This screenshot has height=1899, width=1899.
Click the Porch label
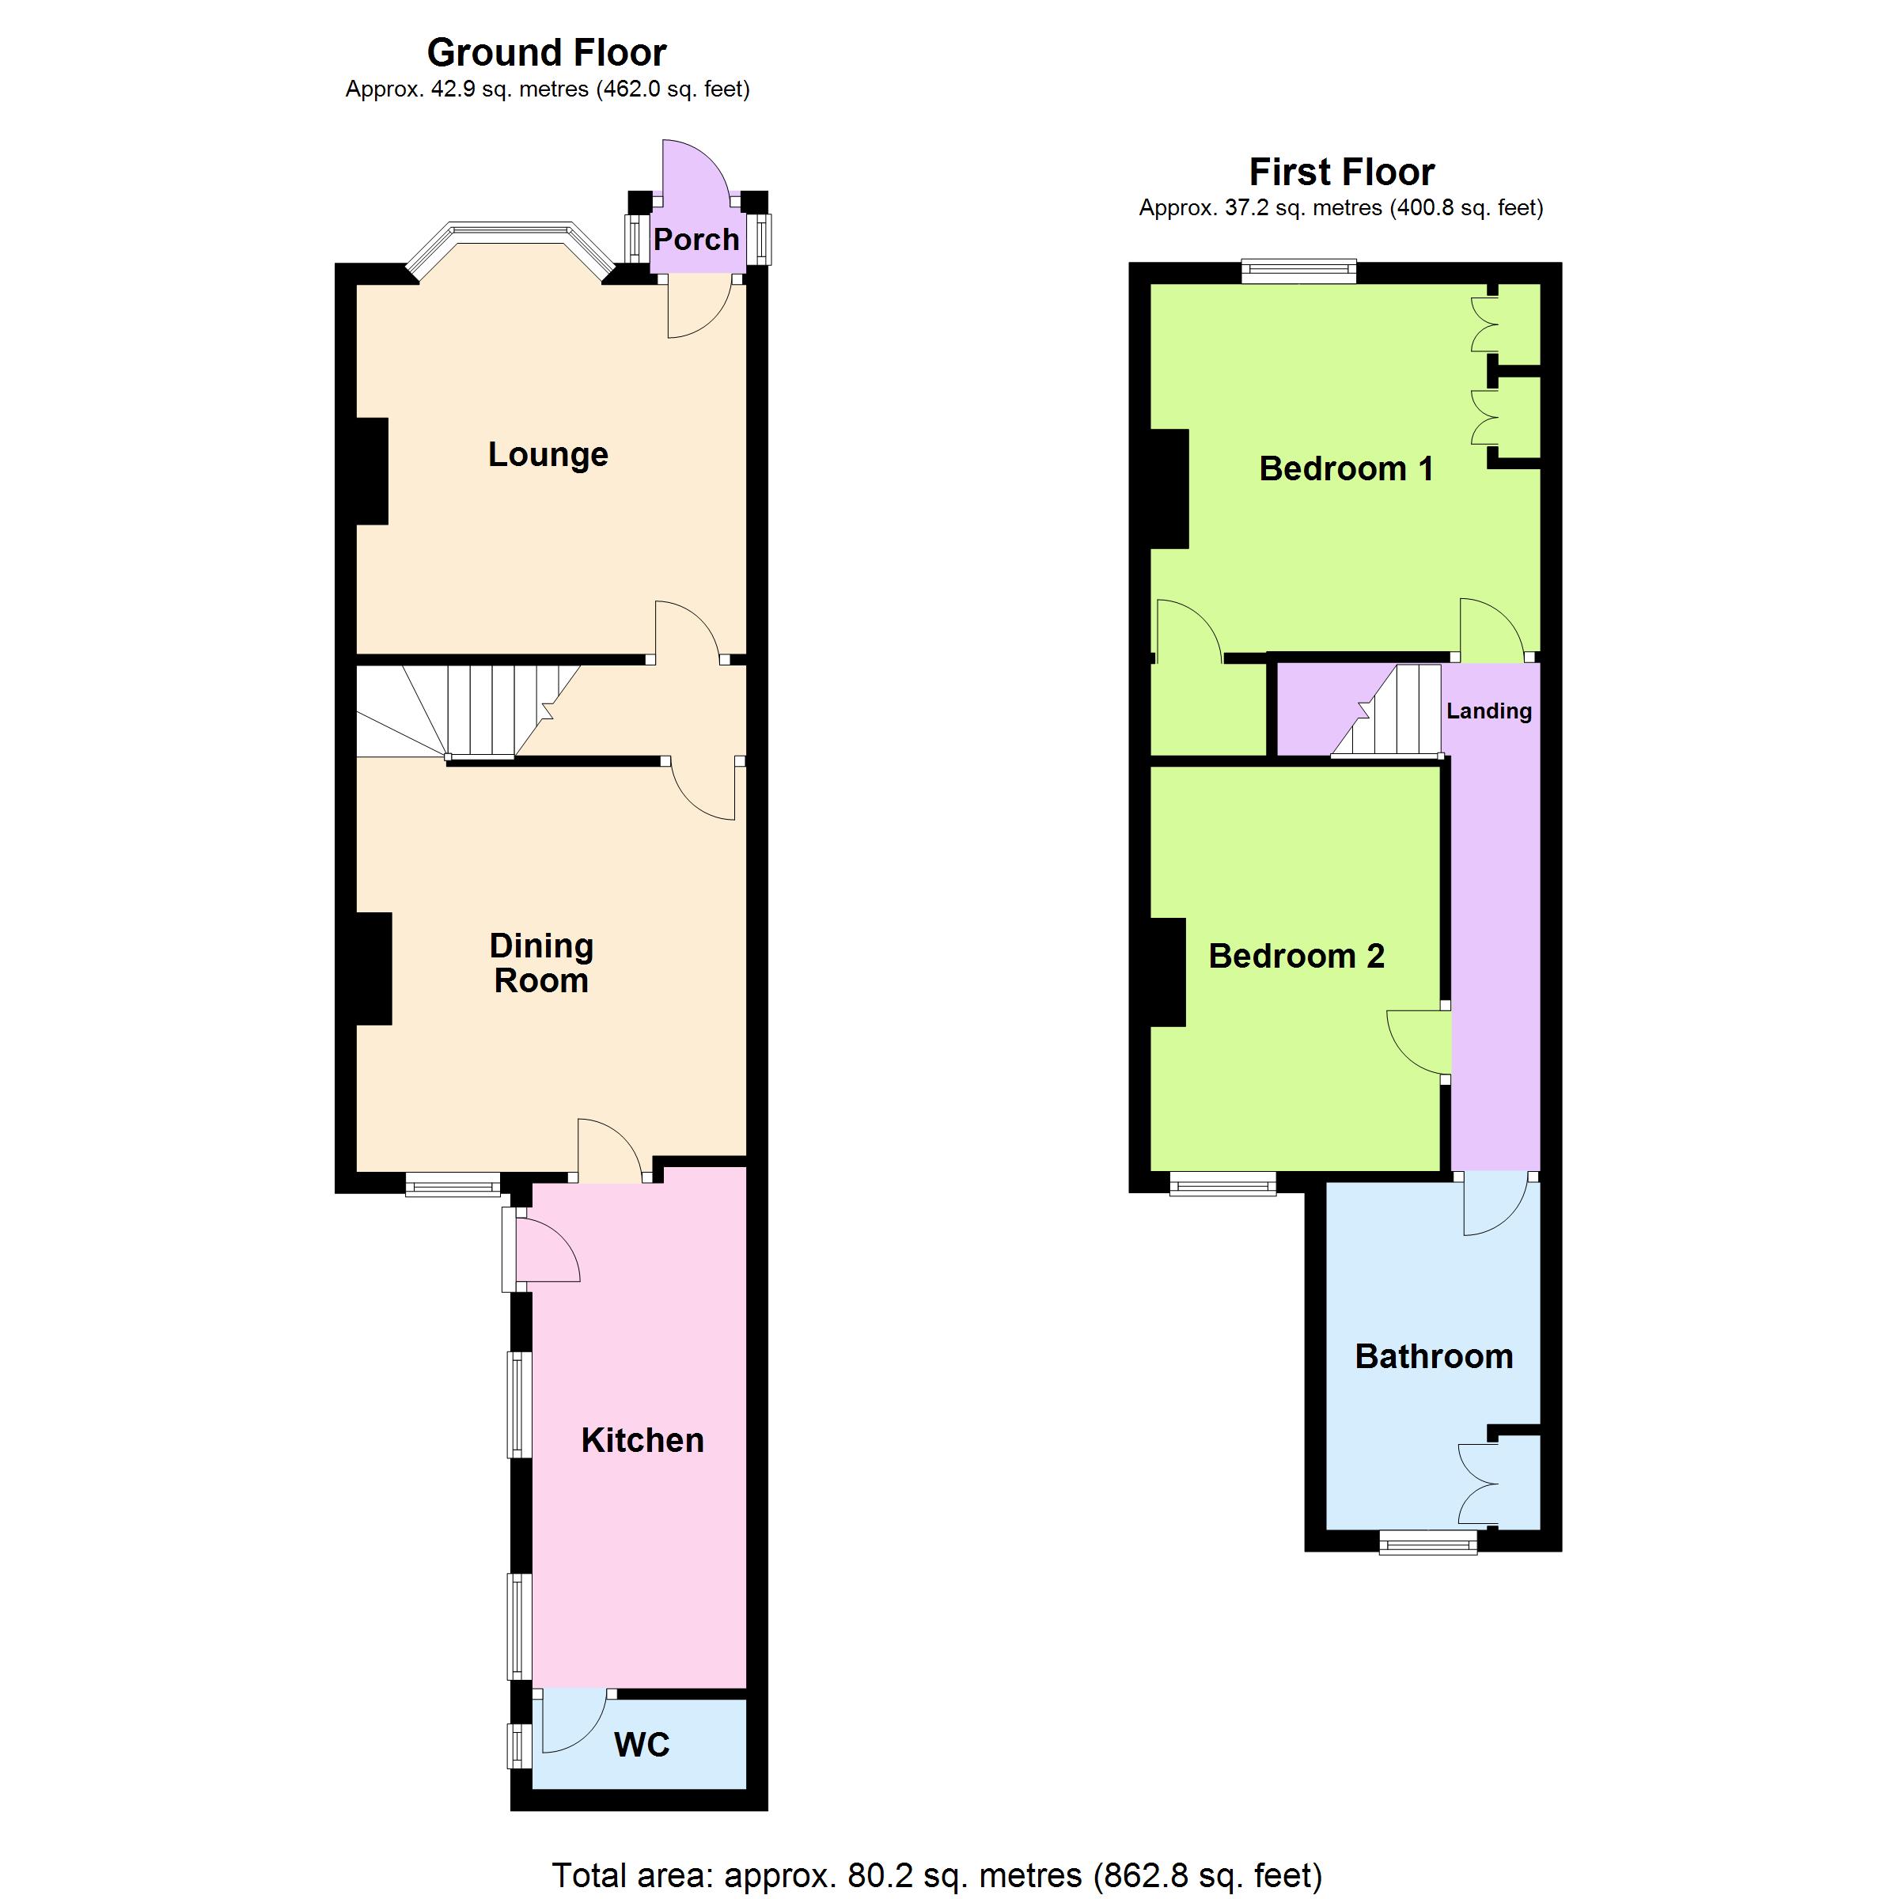coord(696,240)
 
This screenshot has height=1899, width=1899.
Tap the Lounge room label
coord(548,454)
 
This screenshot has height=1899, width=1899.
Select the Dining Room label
coord(541,963)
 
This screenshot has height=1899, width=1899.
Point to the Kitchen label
coord(642,1440)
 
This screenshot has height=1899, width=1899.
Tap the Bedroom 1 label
coord(1346,469)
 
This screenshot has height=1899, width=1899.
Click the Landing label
coord(1489,711)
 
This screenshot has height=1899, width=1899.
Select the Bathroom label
coord(1434,1356)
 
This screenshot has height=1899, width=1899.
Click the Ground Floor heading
coord(547,52)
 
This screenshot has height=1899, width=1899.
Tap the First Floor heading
coord(1342,172)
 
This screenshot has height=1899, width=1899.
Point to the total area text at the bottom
coord(937,1875)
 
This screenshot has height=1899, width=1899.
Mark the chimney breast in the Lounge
coord(372,472)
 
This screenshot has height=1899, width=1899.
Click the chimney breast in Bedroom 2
coord(1168,972)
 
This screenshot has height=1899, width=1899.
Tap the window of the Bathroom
coord(1428,1543)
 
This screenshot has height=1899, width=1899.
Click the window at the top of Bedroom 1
coord(1299,271)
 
